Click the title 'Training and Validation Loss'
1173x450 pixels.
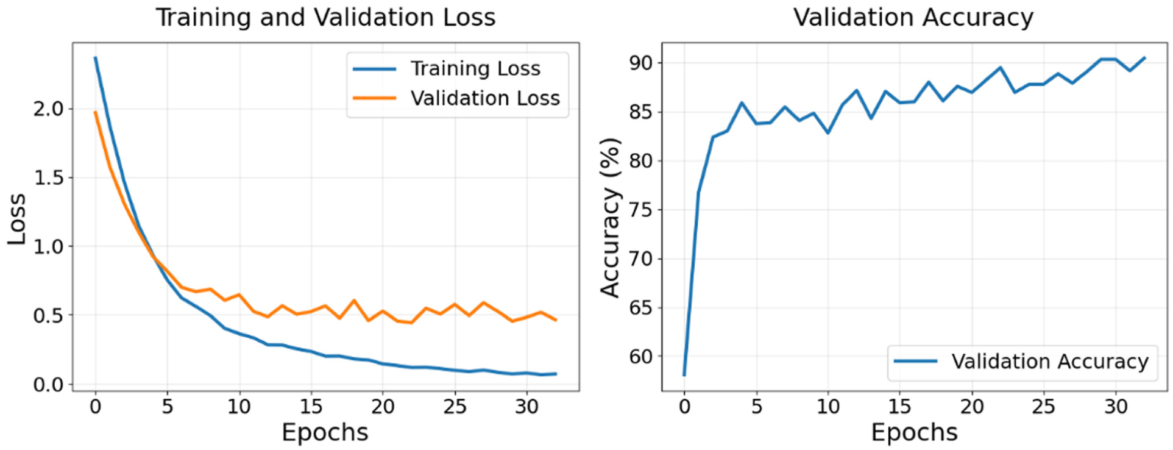coord(325,17)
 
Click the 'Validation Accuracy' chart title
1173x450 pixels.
coord(913,17)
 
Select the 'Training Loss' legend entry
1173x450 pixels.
coord(475,69)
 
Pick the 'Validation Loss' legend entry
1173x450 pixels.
coord(484,98)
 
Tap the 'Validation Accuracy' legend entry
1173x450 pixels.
coord(1049,362)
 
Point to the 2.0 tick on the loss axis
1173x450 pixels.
coord(48,109)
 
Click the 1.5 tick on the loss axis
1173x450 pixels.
coord(48,178)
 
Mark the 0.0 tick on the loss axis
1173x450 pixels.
coord(48,385)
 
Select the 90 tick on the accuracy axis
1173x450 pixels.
coord(640,63)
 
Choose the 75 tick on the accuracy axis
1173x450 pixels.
coord(640,210)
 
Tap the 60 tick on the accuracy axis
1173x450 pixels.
coord(640,357)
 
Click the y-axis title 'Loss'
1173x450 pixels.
coord(16,219)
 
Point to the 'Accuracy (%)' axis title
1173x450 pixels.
coord(610,218)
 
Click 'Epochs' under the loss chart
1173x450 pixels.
coord(325,432)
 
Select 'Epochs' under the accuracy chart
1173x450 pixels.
coord(914,432)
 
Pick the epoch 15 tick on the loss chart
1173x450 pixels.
coord(311,407)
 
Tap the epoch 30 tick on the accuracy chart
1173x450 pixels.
coord(1116,407)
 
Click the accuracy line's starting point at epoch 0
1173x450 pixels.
coord(684,375)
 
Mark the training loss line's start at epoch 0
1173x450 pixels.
coord(95,58)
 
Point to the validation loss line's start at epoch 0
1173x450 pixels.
coord(95,112)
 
